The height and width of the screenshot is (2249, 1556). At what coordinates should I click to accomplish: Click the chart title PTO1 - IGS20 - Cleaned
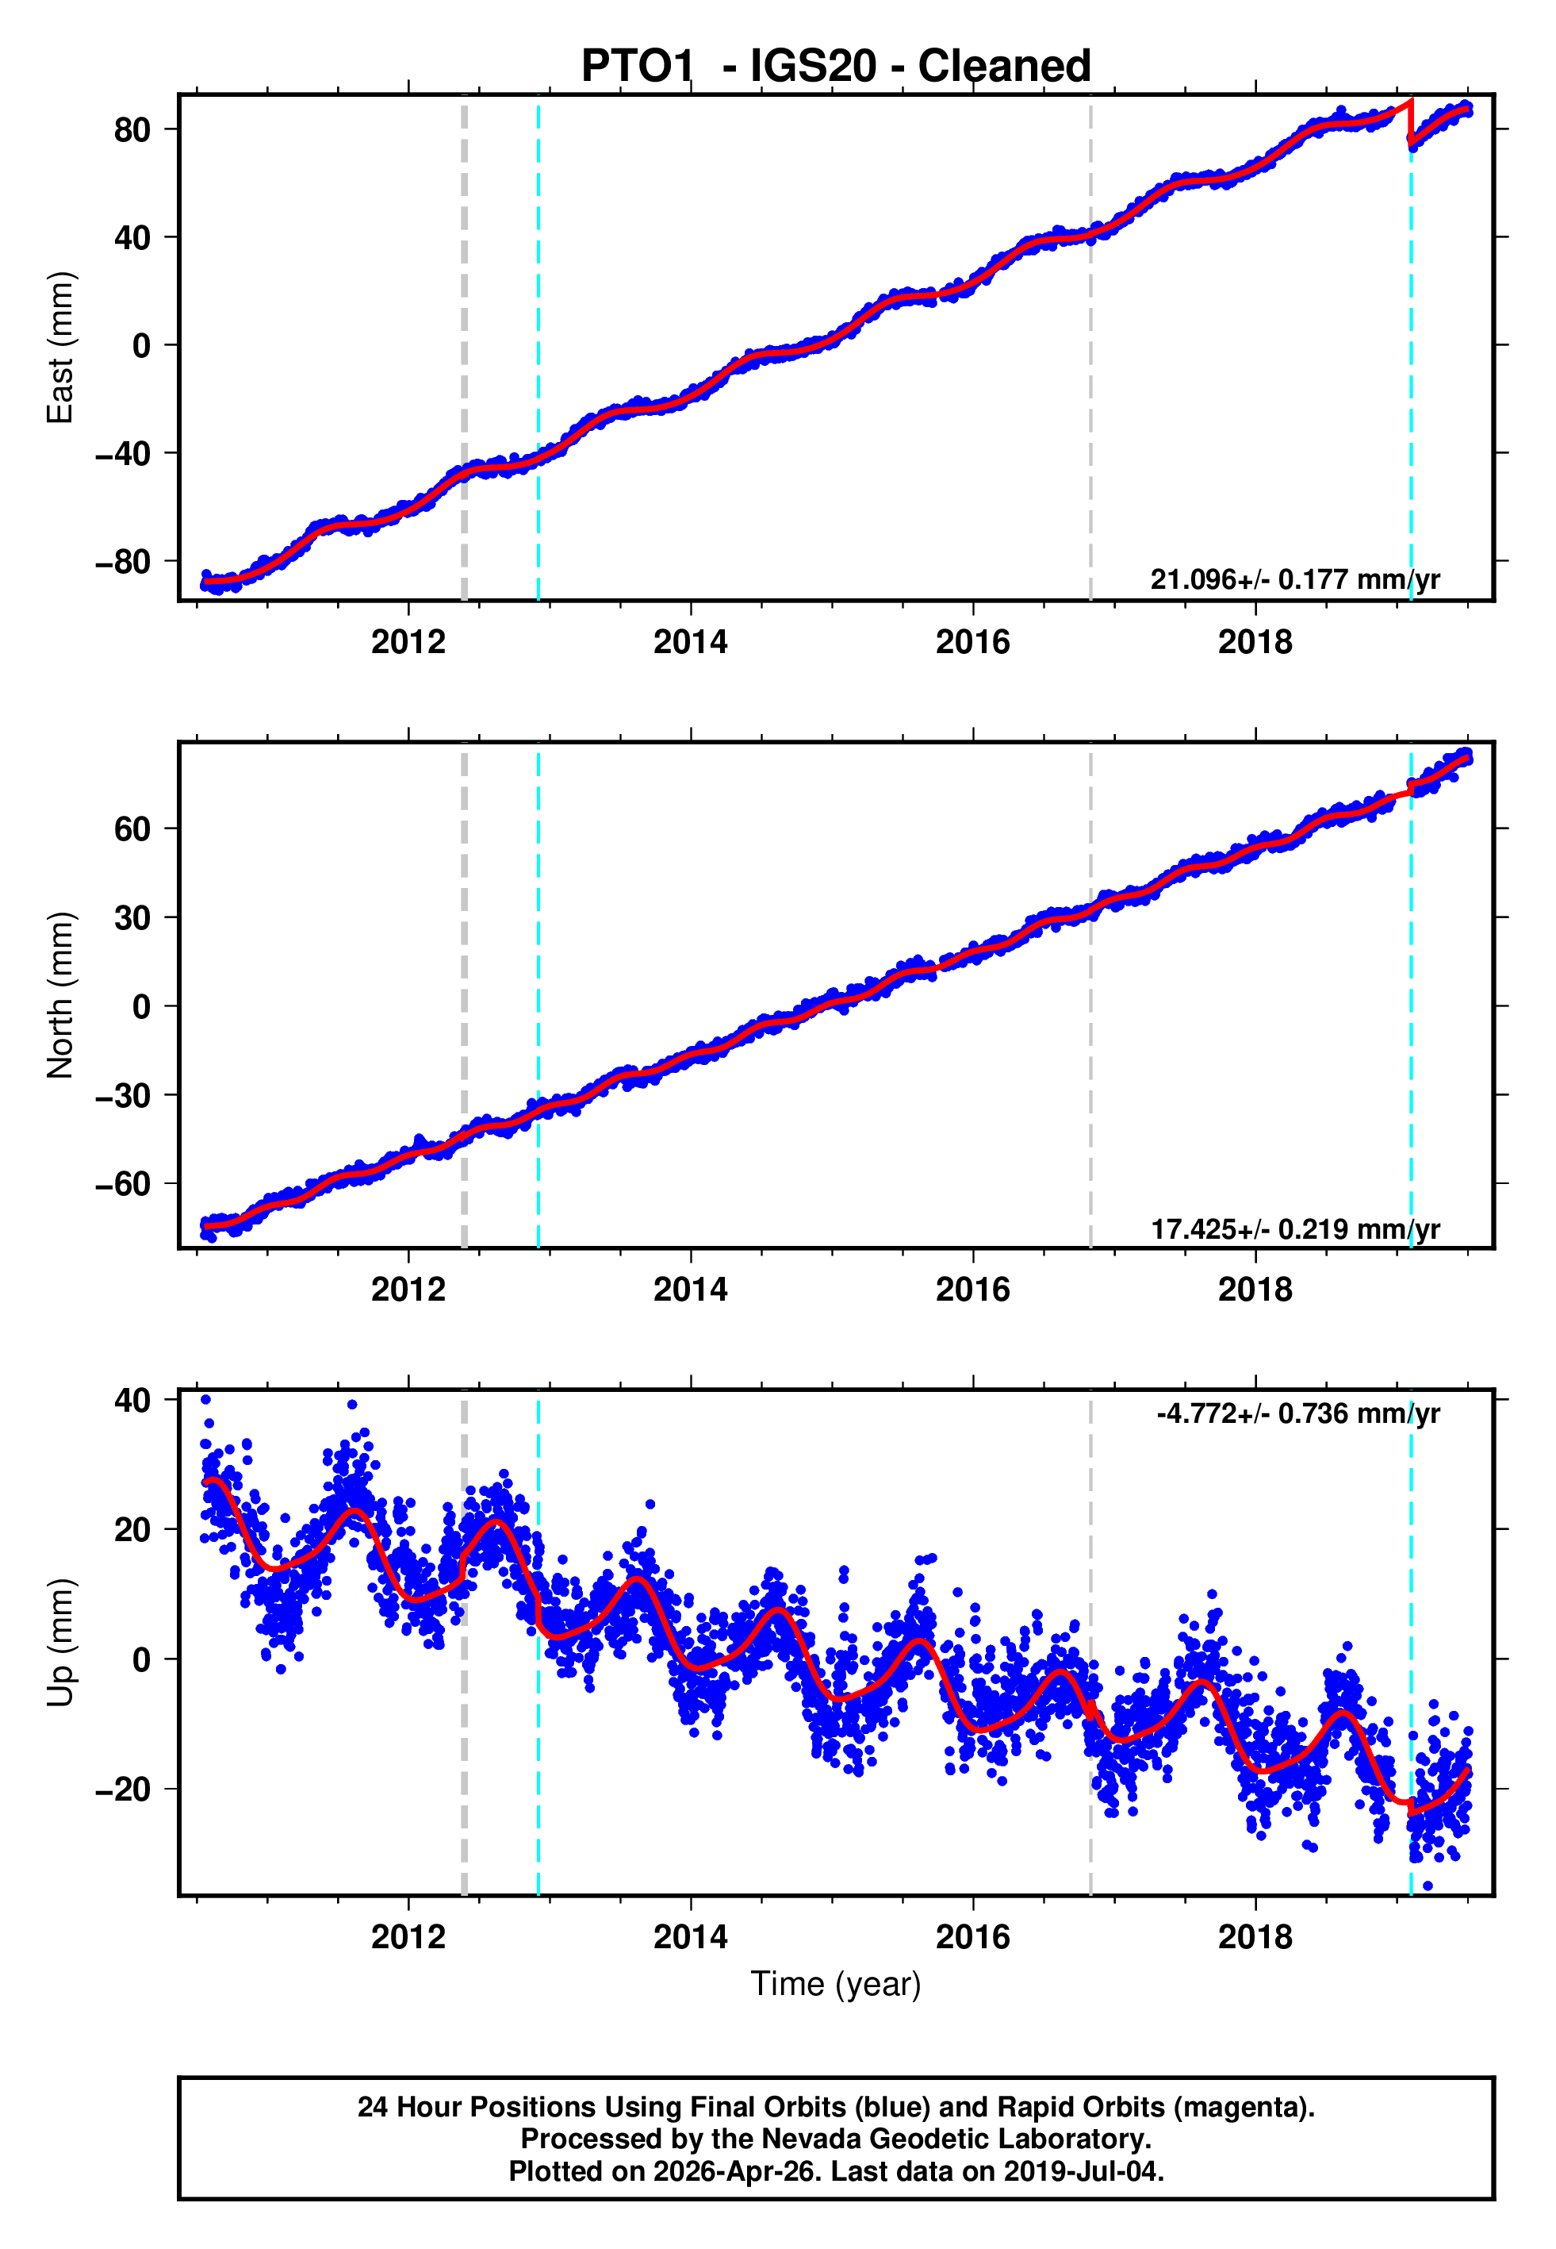point(836,67)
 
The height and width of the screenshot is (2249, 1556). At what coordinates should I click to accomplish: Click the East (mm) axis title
point(60,348)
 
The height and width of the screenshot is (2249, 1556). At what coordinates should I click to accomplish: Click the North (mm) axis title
point(60,995)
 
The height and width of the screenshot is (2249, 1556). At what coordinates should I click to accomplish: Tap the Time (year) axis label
point(836,1985)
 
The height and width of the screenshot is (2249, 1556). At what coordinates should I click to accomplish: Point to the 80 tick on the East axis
point(132,129)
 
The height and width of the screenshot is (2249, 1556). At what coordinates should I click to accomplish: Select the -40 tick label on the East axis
point(123,453)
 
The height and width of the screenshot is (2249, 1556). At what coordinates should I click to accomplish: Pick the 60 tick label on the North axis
point(132,829)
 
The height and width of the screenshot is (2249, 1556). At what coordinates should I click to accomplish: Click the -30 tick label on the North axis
point(123,1095)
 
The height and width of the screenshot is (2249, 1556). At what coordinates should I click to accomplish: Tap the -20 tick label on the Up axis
point(123,1790)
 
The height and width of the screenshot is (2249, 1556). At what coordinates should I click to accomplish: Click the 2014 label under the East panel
point(690,642)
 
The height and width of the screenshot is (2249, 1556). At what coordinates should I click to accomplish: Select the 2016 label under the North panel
point(972,1290)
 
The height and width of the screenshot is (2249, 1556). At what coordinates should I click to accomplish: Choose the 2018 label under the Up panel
point(1255,1937)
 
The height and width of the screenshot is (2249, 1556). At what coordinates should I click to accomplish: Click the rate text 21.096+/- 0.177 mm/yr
point(1295,579)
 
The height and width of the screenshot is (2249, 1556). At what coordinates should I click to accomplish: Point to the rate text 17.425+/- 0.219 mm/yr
point(1295,1228)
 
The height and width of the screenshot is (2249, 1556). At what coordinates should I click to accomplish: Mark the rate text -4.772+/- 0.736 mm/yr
point(1297,1413)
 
